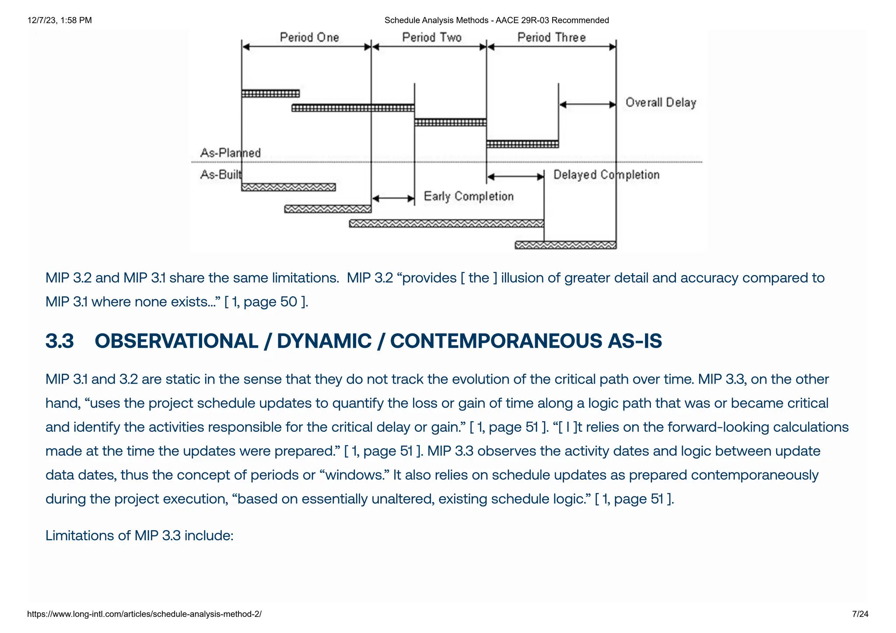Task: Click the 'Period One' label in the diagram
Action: pyautogui.click(x=309, y=37)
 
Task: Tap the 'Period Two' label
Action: pyautogui.click(x=432, y=37)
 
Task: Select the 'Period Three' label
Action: pyautogui.click(x=551, y=37)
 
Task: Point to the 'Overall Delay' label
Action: pyautogui.click(x=661, y=102)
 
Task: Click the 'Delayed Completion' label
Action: pyautogui.click(x=606, y=175)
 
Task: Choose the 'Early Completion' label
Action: pyautogui.click(x=469, y=196)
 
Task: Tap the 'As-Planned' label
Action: pyautogui.click(x=230, y=153)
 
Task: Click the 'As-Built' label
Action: pyautogui.click(x=221, y=175)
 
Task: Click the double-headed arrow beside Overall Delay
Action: pyautogui.click(x=588, y=105)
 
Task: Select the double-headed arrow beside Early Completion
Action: pyautogui.click(x=393, y=199)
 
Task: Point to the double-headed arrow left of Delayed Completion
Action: pyautogui.click(x=515, y=177)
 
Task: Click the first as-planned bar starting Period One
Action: pyautogui.click(x=270, y=94)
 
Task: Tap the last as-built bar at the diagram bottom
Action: pyautogui.click(x=565, y=245)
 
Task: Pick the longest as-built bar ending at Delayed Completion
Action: pyautogui.click(x=446, y=224)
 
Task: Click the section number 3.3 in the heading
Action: pyautogui.click(x=59, y=341)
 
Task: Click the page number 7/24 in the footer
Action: pyautogui.click(x=860, y=614)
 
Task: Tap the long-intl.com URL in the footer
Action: pyautogui.click(x=144, y=614)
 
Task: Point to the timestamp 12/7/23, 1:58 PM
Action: pyautogui.click(x=59, y=20)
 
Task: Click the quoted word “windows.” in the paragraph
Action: pyautogui.click(x=357, y=475)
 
